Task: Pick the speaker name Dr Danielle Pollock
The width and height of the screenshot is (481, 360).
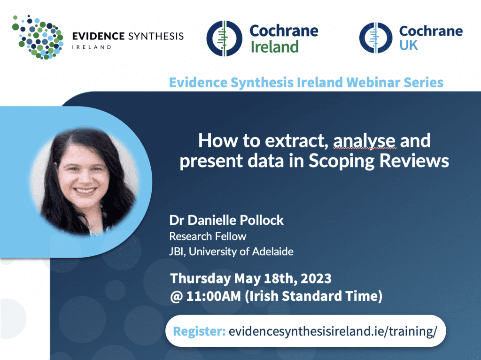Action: coord(227,220)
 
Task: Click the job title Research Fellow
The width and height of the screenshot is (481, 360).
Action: coord(208,236)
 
